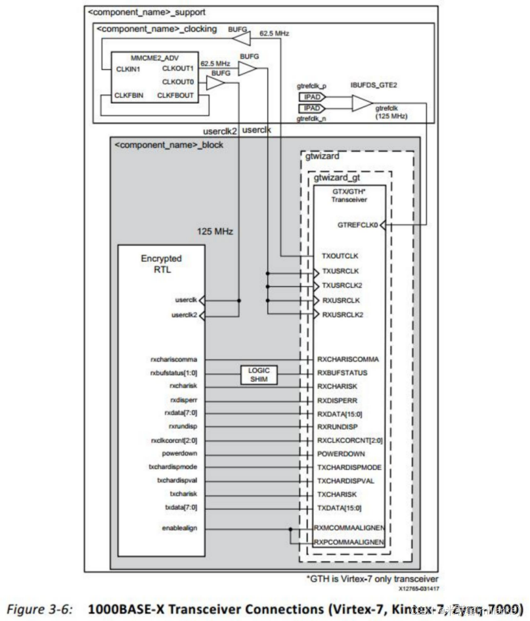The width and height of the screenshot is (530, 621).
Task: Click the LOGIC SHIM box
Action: (258, 373)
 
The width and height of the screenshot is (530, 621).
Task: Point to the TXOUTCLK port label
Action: (340, 256)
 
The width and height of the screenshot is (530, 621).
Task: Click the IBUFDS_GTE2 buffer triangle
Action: (361, 103)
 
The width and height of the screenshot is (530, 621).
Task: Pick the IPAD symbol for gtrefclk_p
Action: (311, 96)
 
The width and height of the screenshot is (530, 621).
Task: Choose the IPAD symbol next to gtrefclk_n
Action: (311, 108)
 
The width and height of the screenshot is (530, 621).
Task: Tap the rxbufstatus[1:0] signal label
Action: (177, 373)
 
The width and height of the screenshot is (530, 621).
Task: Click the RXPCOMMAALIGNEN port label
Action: (349, 542)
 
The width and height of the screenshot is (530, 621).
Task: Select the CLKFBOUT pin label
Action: (175, 95)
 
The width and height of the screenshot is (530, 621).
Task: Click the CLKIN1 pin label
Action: (129, 68)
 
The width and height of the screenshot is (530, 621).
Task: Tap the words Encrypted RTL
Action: (162, 265)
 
